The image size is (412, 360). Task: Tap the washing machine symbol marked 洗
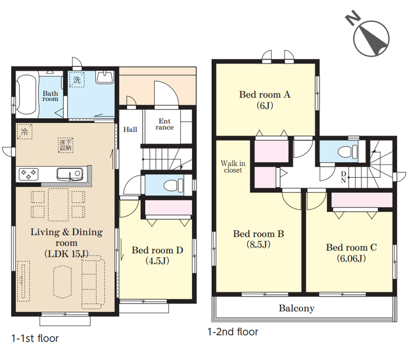77,80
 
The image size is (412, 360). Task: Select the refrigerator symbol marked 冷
24,132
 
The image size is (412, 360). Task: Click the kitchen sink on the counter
70,174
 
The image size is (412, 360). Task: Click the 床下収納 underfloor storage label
66,145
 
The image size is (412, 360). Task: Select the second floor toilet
347,152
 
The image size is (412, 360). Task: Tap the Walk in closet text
233,167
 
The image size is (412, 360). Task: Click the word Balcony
297,308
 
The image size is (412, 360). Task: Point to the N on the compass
352,18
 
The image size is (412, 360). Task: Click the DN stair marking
344,177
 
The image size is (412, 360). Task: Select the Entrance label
164,124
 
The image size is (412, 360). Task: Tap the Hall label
130,129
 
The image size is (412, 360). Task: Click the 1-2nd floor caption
233,332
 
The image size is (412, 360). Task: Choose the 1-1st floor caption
35,338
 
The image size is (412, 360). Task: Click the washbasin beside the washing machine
105,77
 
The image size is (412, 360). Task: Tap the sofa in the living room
93,282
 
